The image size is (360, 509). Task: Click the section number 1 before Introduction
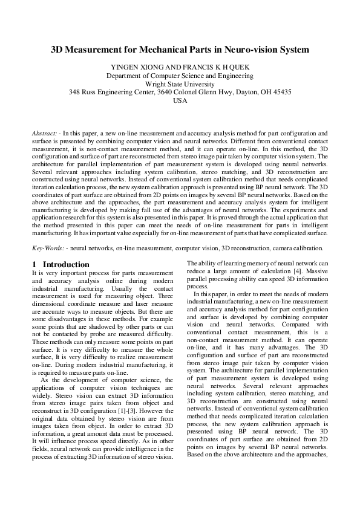(x=34, y=264)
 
